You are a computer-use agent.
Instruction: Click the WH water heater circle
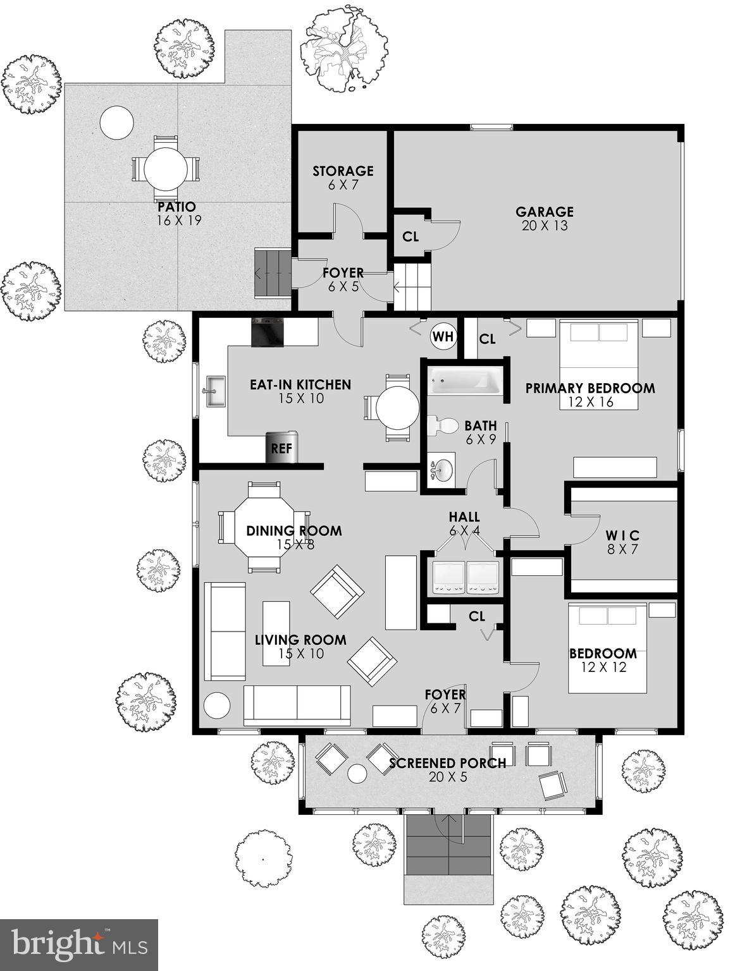pos(443,336)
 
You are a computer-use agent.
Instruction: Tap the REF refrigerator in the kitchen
pos(281,448)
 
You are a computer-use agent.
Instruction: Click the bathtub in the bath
pos(465,382)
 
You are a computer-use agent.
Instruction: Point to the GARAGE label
pos(544,212)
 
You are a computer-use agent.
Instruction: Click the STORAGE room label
pos(343,171)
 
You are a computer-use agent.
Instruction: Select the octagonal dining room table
pos(264,528)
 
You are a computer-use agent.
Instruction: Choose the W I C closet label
pos(622,536)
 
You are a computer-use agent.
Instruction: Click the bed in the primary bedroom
pos(598,364)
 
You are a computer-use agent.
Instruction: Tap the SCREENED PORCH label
pos(447,763)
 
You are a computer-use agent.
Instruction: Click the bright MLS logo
pos(79,944)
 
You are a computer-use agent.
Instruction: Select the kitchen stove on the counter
pos(267,333)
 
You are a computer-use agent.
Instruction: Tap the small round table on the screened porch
pos(358,773)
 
